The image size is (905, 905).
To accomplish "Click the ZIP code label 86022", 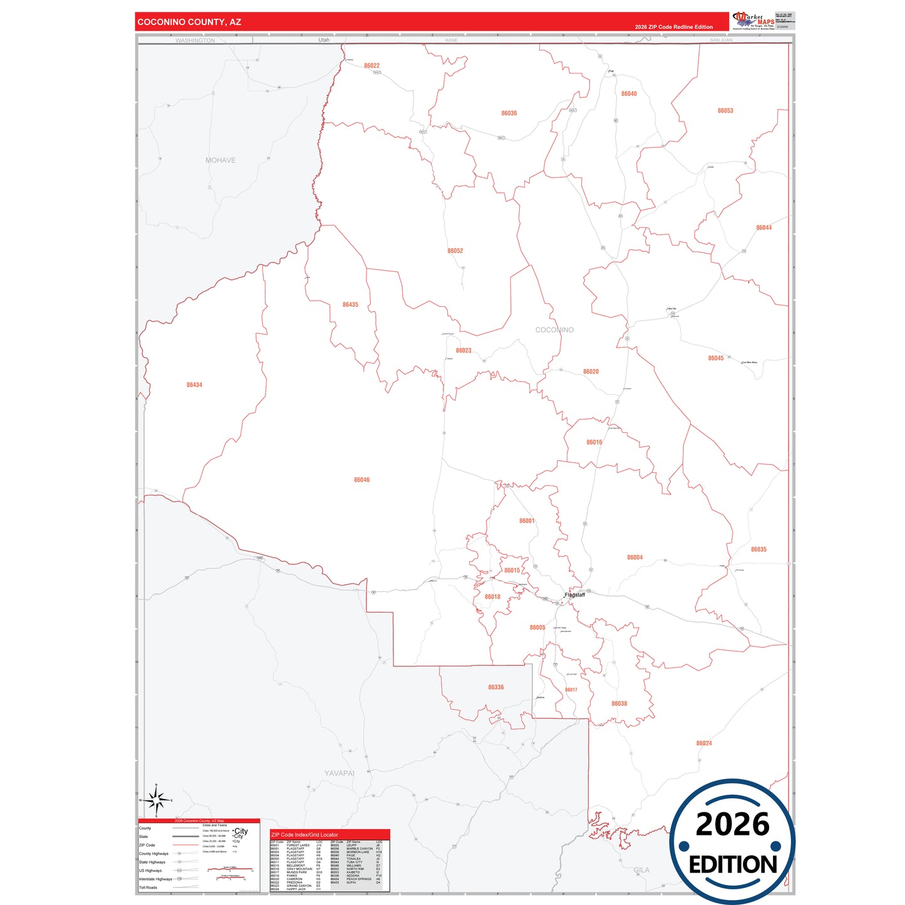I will click(x=371, y=66).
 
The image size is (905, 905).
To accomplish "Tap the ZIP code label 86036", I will click(x=509, y=113).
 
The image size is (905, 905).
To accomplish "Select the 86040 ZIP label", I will click(x=629, y=94).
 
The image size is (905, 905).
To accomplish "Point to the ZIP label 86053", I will click(x=725, y=111).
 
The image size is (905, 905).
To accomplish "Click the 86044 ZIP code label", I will click(x=763, y=228).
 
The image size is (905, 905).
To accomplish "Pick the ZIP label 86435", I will click(x=350, y=305).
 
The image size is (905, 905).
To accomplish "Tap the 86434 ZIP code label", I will click(x=194, y=385).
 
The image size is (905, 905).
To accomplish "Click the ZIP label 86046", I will click(x=361, y=480).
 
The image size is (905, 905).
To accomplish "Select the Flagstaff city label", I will click(x=575, y=595).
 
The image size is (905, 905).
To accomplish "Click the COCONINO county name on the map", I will click(x=554, y=330).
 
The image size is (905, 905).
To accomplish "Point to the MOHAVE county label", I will click(x=220, y=160).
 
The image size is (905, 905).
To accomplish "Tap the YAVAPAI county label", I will click(x=339, y=773).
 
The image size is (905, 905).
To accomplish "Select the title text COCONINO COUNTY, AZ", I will click(x=189, y=22).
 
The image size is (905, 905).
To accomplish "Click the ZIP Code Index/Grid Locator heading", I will click(x=304, y=835).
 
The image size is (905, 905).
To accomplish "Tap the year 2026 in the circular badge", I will click(x=732, y=824).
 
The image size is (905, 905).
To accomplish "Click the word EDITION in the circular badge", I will click(x=733, y=865).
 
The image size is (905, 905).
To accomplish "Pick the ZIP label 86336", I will click(x=495, y=688).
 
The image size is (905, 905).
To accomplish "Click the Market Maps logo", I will click(x=754, y=21).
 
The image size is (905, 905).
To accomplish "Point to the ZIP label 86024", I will click(x=703, y=743).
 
